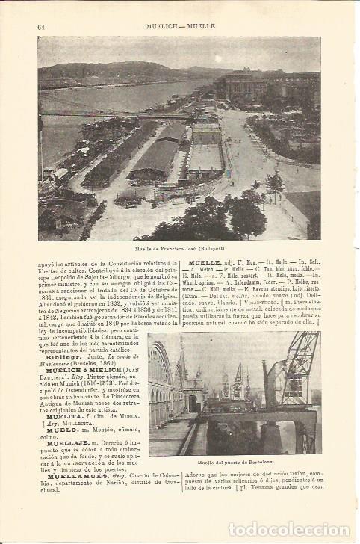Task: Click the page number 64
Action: pyautogui.click(x=42, y=28)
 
